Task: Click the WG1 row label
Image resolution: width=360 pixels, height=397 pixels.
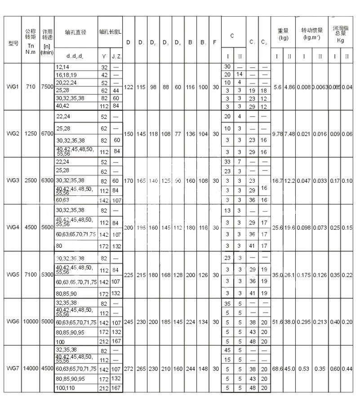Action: point(13,87)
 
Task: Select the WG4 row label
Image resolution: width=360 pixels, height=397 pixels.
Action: point(13,227)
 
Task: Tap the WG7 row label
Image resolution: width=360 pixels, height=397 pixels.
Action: point(13,368)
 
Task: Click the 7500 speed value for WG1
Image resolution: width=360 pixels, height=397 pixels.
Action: point(46,87)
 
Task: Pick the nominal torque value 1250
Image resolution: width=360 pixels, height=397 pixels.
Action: point(30,134)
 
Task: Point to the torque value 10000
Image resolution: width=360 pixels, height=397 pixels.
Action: point(30,322)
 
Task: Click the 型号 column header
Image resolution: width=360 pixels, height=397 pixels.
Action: point(13,44)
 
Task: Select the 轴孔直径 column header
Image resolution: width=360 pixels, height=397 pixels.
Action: point(76,32)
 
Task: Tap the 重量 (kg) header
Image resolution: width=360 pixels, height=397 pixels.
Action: point(283,34)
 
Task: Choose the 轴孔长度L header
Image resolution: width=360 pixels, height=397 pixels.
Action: point(110,32)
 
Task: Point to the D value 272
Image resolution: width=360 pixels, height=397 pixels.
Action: point(128,368)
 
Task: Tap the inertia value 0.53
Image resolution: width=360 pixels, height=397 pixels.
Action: point(304,368)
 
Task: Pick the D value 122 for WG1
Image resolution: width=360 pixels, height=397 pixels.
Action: point(128,87)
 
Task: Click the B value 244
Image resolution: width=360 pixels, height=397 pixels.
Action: point(191,368)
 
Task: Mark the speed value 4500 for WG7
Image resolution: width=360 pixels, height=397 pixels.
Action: point(47,368)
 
